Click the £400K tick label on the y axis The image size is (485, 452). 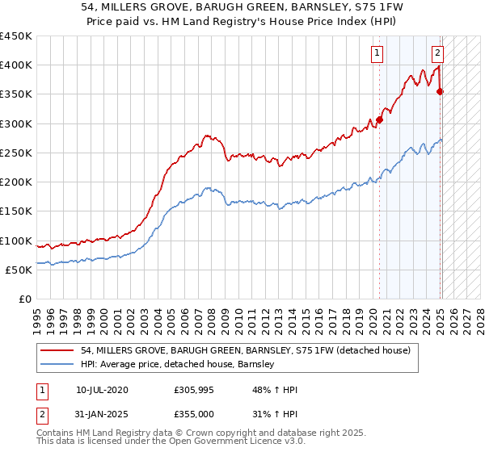click(x=16, y=65)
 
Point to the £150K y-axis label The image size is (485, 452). click(x=16, y=211)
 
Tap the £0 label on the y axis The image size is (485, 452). click(x=24, y=299)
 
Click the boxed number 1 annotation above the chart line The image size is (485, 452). click(x=377, y=54)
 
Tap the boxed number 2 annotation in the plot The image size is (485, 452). click(x=437, y=54)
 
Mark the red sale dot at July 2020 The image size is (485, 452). click(x=379, y=119)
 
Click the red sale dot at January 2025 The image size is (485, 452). click(x=441, y=91)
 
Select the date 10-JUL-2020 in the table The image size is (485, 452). click(x=102, y=390)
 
